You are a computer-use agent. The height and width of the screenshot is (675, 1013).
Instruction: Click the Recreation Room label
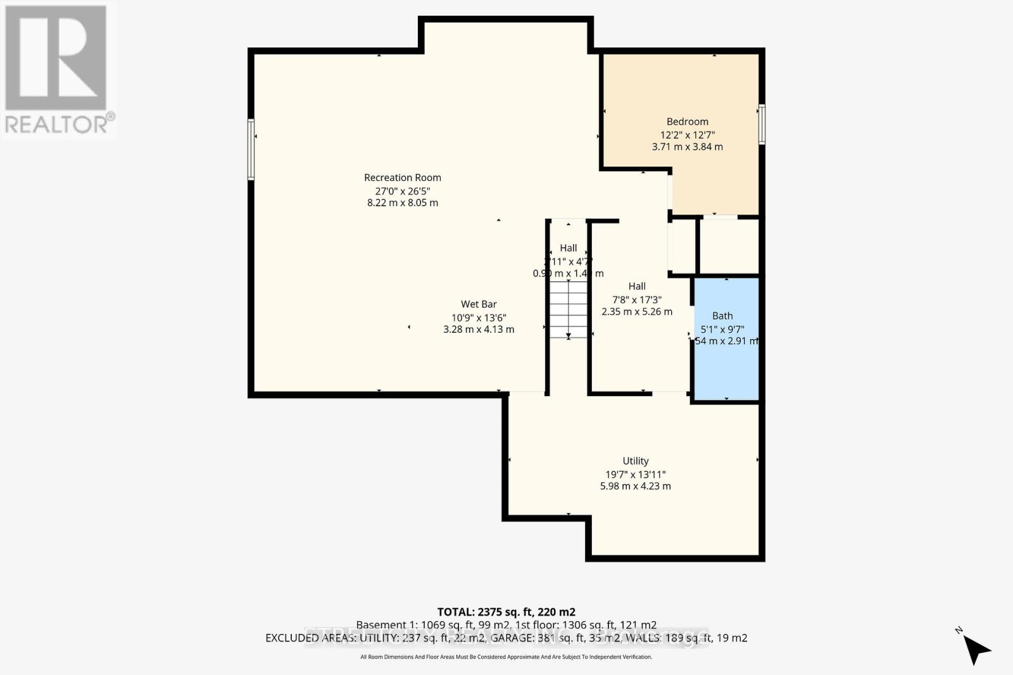(x=403, y=178)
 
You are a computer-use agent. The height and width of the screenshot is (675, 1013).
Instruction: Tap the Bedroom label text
(x=687, y=121)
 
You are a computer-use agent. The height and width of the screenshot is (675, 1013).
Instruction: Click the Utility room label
(x=635, y=461)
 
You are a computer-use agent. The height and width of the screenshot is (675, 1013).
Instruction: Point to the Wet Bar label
(x=479, y=304)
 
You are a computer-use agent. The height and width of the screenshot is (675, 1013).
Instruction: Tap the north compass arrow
(x=976, y=648)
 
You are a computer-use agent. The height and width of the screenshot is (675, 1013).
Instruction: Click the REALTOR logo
(x=58, y=70)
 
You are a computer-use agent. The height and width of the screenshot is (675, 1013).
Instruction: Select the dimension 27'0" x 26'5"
(x=403, y=191)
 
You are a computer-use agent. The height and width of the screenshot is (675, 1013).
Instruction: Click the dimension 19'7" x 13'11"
(x=635, y=474)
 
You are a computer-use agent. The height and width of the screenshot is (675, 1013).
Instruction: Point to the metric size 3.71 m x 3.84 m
(x=687, y=147)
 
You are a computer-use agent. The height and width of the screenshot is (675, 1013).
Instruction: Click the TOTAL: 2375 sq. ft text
(x=506, y=612)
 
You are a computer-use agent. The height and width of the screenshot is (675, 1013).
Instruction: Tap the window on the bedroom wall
(x=762, y=124)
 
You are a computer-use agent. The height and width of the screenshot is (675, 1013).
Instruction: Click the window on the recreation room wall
(x=251, y=149)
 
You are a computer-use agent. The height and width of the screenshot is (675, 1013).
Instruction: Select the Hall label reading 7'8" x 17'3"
(x=637, y=287)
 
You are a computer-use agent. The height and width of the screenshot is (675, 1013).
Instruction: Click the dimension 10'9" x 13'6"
(x=479, y=318)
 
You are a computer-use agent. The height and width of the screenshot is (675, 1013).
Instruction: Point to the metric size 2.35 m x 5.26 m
(x=637, y=312)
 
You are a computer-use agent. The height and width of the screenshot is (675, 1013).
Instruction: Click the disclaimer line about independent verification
(x=506, y=657)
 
